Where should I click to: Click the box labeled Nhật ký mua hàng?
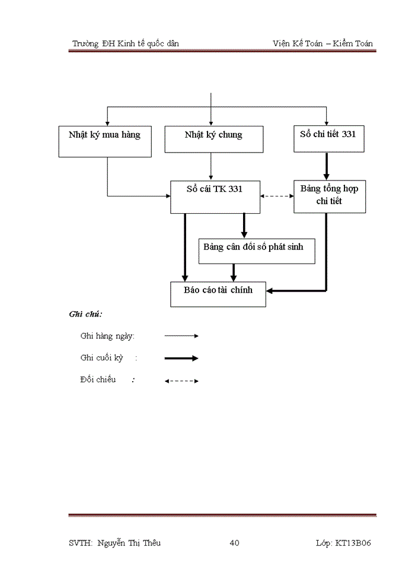(105, 141)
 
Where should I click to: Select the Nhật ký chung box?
(213, 139)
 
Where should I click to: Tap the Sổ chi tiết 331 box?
(329, 139)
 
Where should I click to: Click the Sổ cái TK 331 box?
(215, 197)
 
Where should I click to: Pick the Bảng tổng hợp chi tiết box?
(329, 195)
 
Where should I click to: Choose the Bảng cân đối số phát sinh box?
(256, 251)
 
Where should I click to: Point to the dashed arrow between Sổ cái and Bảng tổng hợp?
(277, 197)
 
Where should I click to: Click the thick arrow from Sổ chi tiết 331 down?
(326, 166)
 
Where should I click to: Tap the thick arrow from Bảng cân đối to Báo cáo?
(234, 272)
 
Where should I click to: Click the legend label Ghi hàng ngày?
(107, 336)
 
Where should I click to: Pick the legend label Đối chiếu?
(98, 380)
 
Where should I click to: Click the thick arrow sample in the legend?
(181, 358)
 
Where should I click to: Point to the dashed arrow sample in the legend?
(181, 381)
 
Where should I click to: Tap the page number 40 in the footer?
(234, 543)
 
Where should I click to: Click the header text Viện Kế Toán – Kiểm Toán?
(324, 43)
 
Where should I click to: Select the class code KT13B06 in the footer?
(353, 543)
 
